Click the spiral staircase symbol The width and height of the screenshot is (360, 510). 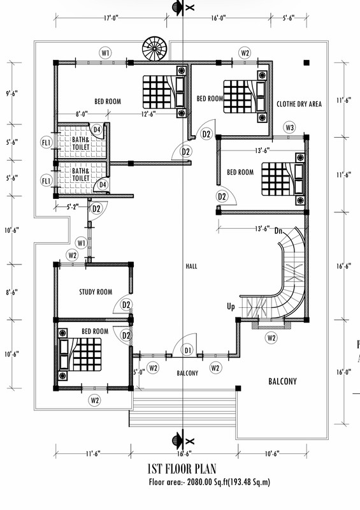(x=154, y=49)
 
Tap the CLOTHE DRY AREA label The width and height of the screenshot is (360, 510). (x=299, y=104)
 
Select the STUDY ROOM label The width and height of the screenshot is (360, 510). (x=96, y=292)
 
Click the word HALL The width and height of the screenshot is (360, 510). (x=192, y=266)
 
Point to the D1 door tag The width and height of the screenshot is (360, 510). (x=187, y=350)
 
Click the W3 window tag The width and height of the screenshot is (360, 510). (x=290, y=127)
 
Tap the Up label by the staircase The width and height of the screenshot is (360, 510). (x=231, y=307)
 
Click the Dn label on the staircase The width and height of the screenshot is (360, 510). (x=278, y=231)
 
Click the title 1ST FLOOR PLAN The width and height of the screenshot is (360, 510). (x=182, y=469)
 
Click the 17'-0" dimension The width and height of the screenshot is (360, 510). (x=111, y=18)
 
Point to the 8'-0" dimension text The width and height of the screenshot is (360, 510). (x=82, y=114)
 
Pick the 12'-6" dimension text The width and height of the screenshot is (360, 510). (x=148, y=114)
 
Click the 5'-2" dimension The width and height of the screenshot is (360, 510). (x=73, y=207)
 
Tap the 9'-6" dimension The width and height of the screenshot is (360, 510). (x=11, y=94)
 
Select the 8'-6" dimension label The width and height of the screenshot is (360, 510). (x=11, y=292)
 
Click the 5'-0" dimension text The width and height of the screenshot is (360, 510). (x=139, y=372)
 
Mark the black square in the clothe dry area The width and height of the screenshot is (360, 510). (x=306, y=62)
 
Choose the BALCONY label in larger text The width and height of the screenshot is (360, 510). (x=283, y=381)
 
